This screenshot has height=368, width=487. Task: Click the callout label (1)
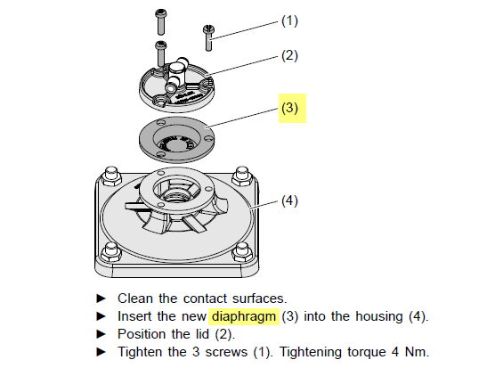pyautogui.click(x=289, y=21)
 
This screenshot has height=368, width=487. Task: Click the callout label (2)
pyautogui.click(x=289, y=56)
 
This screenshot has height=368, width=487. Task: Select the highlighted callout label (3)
pyautogui.click(x=289, y=108)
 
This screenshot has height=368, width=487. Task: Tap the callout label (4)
pyautogui.click(x=289, y=200)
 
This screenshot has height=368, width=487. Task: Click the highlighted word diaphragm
pyautogui.click(x=244, y=317)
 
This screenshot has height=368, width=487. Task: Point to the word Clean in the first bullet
pyautogui.click(x=135, y=298)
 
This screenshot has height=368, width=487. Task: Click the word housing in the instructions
pyautogui.click(x=379, y=317)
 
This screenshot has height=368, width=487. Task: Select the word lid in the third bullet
pyautogui.click(x=202, y=334)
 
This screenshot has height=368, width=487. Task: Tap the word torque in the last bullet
pyautogui.click(x=367, y=353)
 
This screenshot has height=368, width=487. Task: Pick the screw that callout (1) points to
pyautogui.click(x=208, y=38)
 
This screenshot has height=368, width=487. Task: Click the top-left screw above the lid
pyautogui.click(x=160, y=21)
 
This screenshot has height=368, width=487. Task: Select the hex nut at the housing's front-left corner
pyautogui.click(x=111, y=251)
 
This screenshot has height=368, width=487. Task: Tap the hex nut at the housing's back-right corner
pyautogui.click(x=242, y=176)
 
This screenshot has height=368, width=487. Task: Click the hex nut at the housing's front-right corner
pyautogui.click(x=242, y=251)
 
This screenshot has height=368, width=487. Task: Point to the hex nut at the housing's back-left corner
pyautogui.click(x=111, y=176)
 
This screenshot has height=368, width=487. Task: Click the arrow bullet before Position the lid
pyautogui.click(x=101, y=334)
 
